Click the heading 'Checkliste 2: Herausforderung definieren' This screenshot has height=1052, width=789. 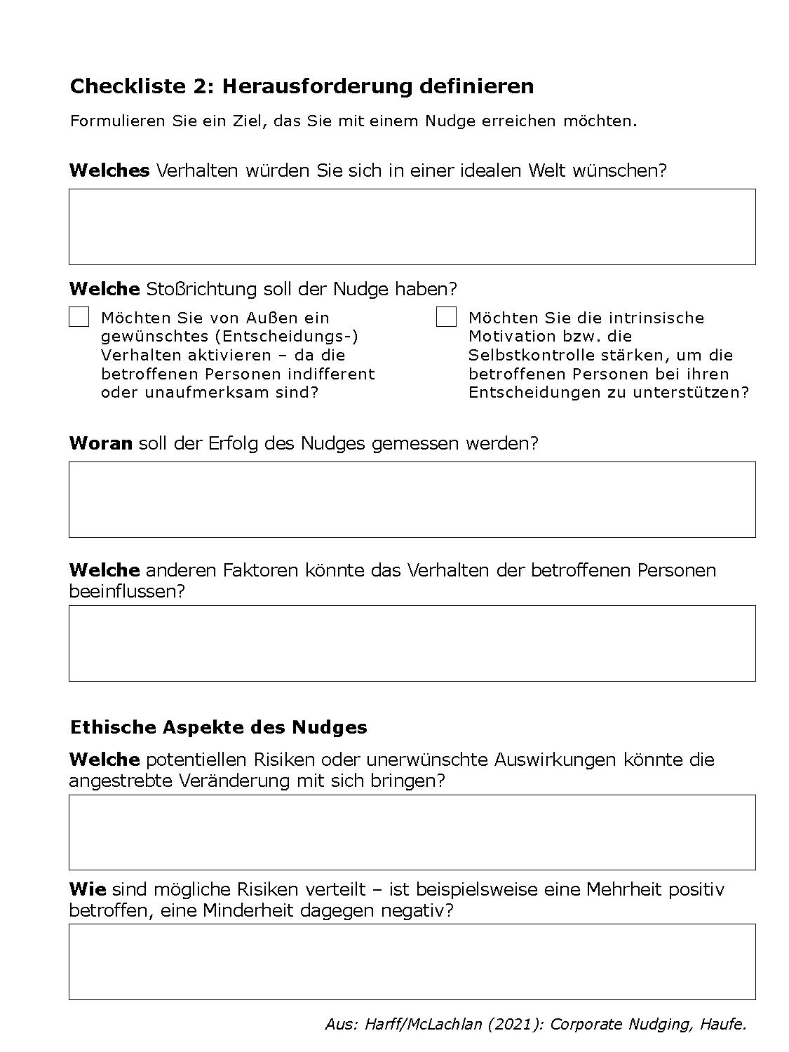(x=302, y=86)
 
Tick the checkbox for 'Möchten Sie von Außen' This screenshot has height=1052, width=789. (x=79, y=317)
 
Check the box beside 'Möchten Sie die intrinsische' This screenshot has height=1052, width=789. (x=446, y=317)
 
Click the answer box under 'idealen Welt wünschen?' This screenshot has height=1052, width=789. (x=412, y=227)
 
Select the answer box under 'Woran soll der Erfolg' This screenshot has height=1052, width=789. (x=412, y=499)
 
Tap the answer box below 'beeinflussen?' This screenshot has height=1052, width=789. (x=412, y=643)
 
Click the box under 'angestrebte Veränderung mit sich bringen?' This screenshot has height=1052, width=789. (x=412, y=832)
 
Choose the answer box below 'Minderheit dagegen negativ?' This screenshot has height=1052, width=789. (x=412, y=962)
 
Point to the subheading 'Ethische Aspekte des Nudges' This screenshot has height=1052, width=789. (x=218, y=727)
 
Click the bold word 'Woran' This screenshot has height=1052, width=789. (x=101, y=443)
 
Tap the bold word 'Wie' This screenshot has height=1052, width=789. (x=88, y=889)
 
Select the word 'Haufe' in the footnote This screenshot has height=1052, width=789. (x=723, y=1024)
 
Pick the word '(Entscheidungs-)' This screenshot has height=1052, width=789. (x=290, y=336)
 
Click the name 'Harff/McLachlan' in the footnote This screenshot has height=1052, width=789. (x=423, y=1024)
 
